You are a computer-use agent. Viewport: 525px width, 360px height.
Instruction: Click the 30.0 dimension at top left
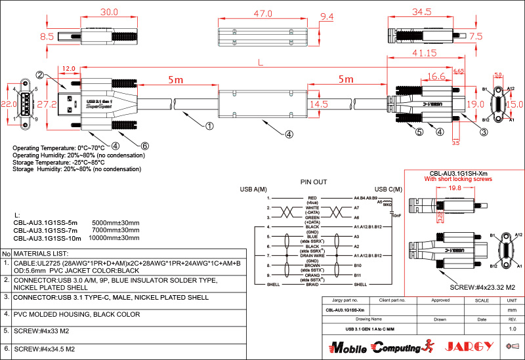[x=108, y=12]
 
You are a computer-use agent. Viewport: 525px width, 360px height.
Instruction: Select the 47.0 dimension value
[x=262, y=13]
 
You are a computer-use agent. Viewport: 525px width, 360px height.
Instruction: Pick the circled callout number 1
[x=209, y=125]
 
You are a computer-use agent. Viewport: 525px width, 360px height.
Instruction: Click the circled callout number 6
[x=145, y=145]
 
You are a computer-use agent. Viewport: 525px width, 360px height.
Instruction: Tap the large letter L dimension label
[x=261, y=63]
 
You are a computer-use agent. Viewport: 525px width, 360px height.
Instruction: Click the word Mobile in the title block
[x=348, y=346]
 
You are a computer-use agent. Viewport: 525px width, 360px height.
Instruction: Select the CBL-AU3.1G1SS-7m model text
[x=46, y=231]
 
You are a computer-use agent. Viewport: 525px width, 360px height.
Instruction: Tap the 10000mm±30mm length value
[x=115, y=239]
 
